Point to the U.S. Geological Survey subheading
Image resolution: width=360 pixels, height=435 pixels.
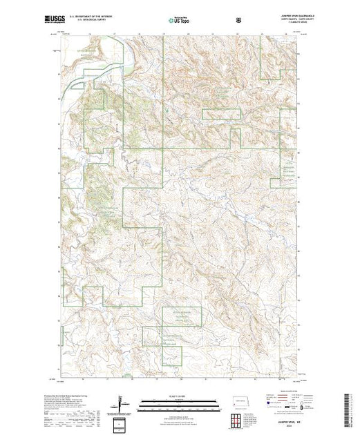(x=82, y=21)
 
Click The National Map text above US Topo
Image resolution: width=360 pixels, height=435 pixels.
(x=179, y=16)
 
